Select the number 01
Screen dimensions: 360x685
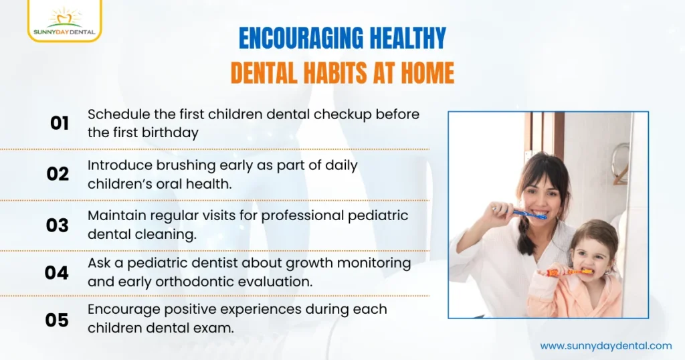coord(60,123)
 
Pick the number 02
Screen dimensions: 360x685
coord(58,174)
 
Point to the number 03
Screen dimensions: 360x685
coord(58,226)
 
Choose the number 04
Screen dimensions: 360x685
coord(58,273)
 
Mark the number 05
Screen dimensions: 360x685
coord(58,321)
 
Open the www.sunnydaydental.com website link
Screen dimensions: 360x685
coord(605,346)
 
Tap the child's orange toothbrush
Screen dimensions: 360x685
coord(569,272)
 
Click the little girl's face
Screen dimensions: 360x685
coord(592,254)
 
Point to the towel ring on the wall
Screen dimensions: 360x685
coord(619,161)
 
